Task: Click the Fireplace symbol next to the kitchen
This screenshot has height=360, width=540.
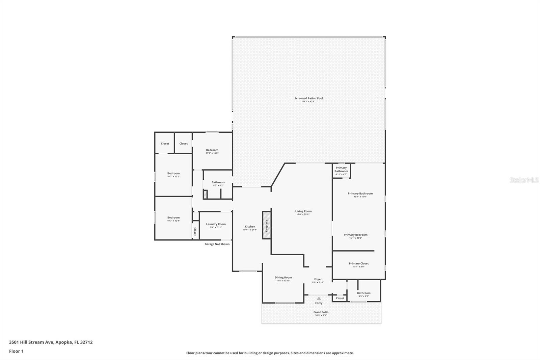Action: tap(267, 226)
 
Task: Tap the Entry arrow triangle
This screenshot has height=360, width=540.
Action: tap(319, 298)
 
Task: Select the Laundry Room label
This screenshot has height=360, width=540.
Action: tap(216, 224)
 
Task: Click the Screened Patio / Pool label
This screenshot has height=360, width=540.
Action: tap(308, 98)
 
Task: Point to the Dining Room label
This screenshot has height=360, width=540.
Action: tap(283, 278)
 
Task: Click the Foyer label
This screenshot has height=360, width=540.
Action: tap(318, 279)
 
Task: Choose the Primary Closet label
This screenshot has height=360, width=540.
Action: tap(358, 263)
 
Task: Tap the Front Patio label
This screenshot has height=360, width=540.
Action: tap(321, 312)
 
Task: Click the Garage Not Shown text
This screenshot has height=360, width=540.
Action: tap(217, 244)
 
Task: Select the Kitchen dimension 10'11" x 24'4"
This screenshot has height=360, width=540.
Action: tap(250, 230)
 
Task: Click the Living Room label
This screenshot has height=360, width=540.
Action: tap(303, 211)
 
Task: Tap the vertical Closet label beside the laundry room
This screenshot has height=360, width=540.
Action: tap(195, 231)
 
